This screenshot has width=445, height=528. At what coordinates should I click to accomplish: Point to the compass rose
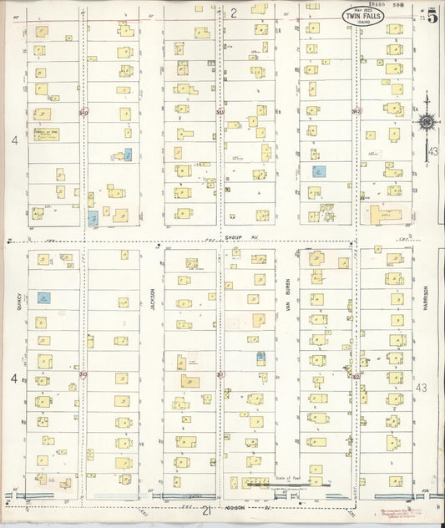[427, 123]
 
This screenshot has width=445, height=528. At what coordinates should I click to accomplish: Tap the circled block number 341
[220, 111]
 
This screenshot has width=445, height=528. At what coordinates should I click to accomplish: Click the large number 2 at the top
[235, 12]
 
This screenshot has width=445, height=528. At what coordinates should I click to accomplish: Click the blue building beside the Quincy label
[43, 297]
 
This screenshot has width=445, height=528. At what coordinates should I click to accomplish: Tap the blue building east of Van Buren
[318, 171]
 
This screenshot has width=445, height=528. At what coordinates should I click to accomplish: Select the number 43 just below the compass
[432, 152]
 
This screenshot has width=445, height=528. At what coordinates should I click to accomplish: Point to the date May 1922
[362, 9]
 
